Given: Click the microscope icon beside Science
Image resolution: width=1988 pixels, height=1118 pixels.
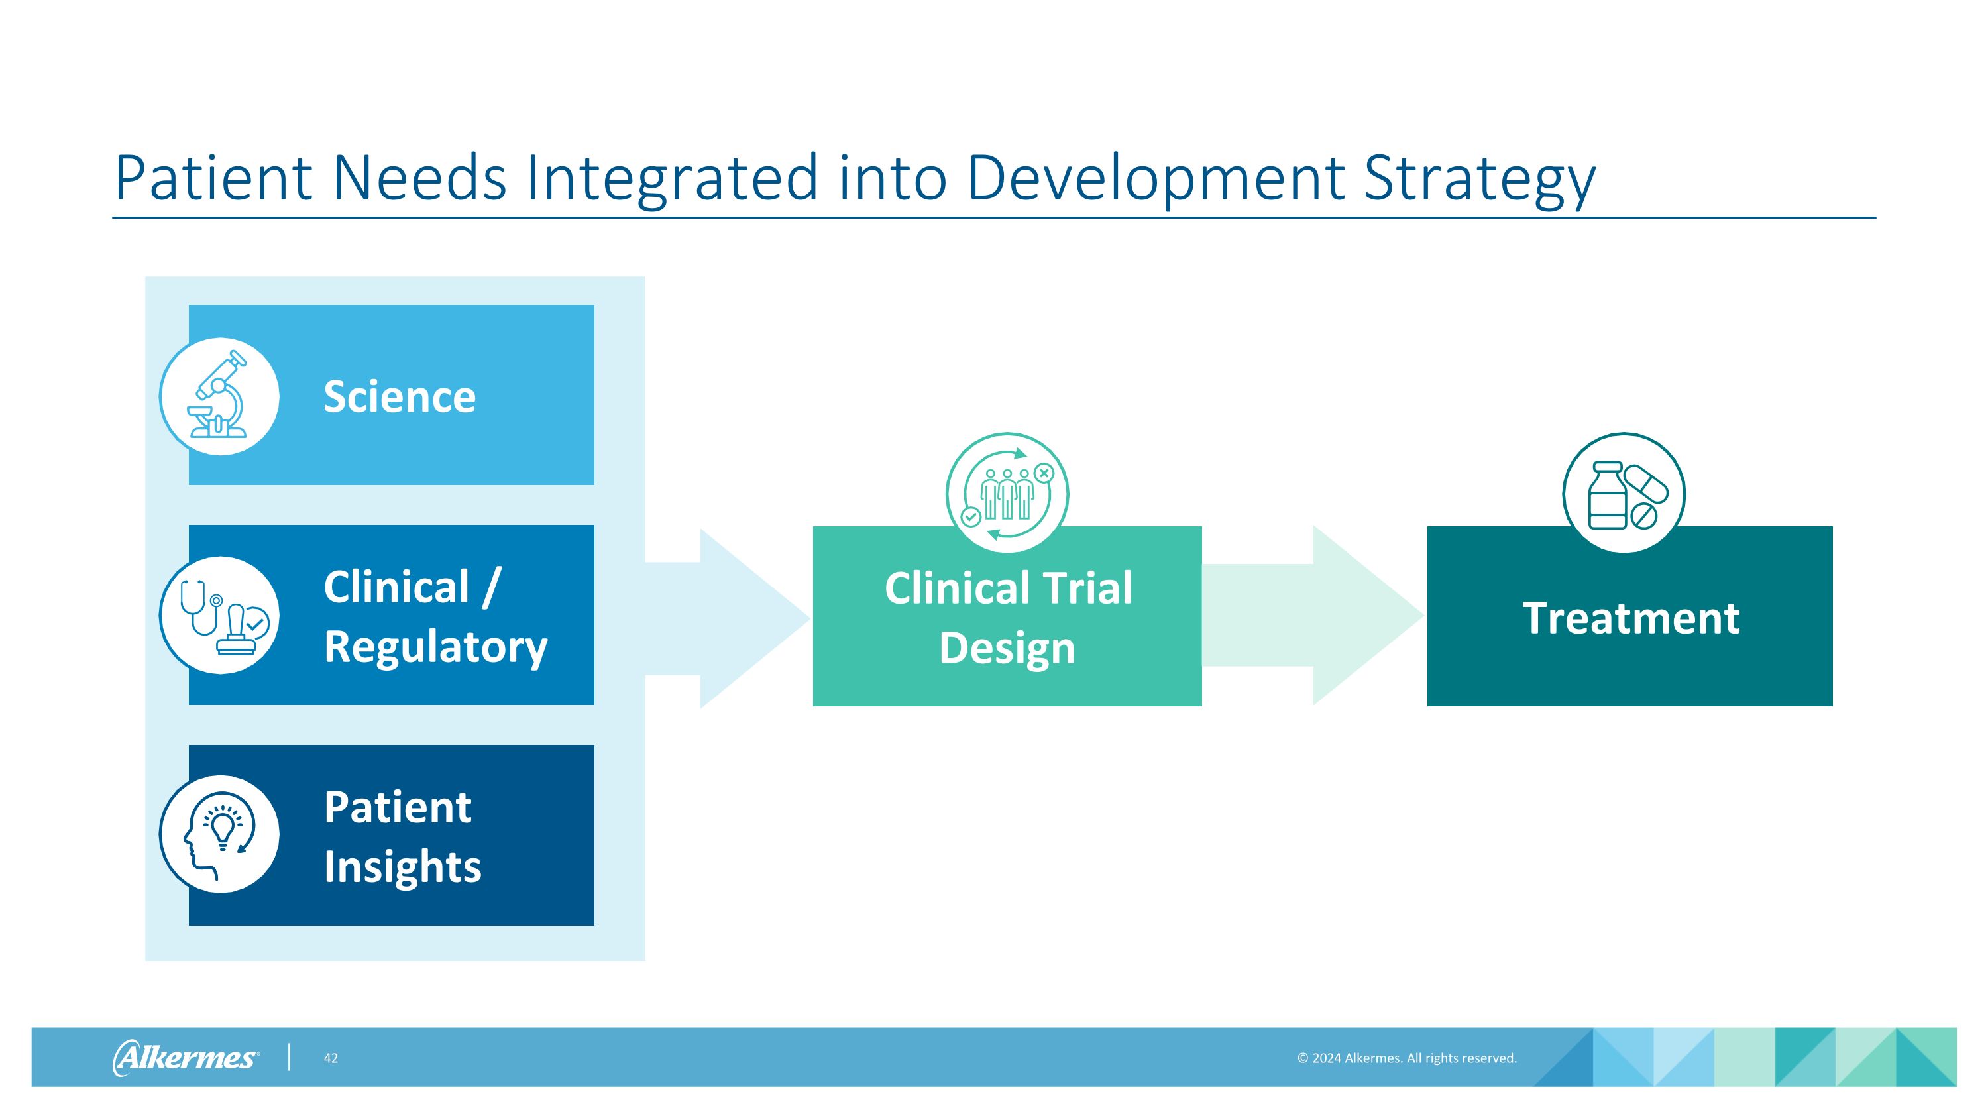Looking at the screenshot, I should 219,396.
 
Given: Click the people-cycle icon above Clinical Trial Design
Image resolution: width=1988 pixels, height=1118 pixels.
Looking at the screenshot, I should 1007,492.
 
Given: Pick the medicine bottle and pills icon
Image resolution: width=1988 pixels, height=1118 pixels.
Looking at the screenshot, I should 1624,494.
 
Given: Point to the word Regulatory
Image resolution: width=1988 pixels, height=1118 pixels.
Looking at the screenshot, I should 435,647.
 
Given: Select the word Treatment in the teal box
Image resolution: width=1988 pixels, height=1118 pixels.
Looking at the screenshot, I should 1630,618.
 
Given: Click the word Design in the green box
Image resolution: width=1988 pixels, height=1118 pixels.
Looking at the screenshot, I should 1007,648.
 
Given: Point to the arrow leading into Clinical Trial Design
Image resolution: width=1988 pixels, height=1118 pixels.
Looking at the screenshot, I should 733,618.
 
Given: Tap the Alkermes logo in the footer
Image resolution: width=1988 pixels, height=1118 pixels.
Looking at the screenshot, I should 186,1057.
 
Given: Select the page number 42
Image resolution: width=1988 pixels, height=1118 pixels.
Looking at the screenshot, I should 330,1058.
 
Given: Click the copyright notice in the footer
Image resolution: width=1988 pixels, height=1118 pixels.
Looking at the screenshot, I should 1406,1058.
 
